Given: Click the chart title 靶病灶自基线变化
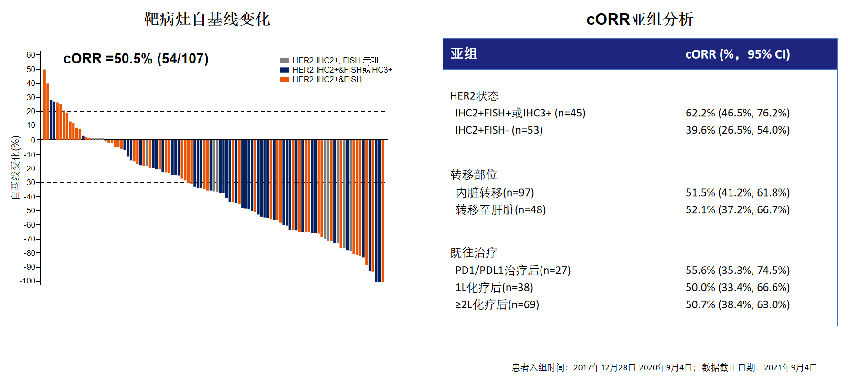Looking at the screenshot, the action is point(207,19).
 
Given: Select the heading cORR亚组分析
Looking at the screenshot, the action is point(640,19).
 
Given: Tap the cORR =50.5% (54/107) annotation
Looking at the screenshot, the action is point(136,59).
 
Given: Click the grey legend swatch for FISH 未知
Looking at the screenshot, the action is point(285,61).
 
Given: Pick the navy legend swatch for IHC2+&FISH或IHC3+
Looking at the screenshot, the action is point(285,70).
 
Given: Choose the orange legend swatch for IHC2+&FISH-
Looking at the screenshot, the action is point(285,80).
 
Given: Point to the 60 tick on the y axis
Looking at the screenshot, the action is point(31,55).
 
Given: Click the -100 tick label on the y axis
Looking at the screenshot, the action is point(28,281).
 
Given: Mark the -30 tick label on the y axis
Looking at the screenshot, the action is point(30,182).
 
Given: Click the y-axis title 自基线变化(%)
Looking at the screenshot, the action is point(16,168).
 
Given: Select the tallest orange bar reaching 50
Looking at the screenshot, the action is point(44,105).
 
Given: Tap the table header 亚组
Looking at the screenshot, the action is point(464,54).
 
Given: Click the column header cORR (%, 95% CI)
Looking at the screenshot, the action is point(738,54).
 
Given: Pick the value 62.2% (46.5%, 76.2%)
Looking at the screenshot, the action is point(738,113).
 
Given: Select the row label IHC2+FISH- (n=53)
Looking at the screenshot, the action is point(499,130).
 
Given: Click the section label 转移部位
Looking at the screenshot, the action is point(474,175).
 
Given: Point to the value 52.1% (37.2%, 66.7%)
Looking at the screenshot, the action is point(738,210).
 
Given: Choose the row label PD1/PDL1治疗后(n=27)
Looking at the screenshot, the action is point(513,271).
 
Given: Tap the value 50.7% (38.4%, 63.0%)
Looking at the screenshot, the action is point(738,304).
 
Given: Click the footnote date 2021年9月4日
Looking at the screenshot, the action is point(791,367).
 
